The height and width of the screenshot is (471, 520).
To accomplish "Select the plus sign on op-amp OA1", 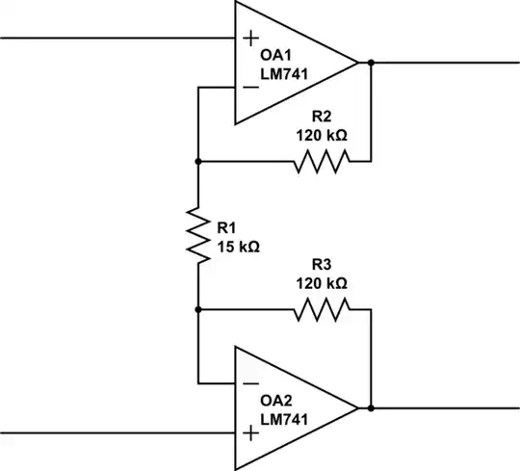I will pos(251,39).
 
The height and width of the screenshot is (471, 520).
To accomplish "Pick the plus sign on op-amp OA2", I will pos(251,433).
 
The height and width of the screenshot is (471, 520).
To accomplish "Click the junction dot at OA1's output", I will pos(371,64).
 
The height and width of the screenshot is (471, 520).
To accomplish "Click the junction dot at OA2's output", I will pos(371,408).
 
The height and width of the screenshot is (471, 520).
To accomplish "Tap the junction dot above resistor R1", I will pos(197,162).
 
